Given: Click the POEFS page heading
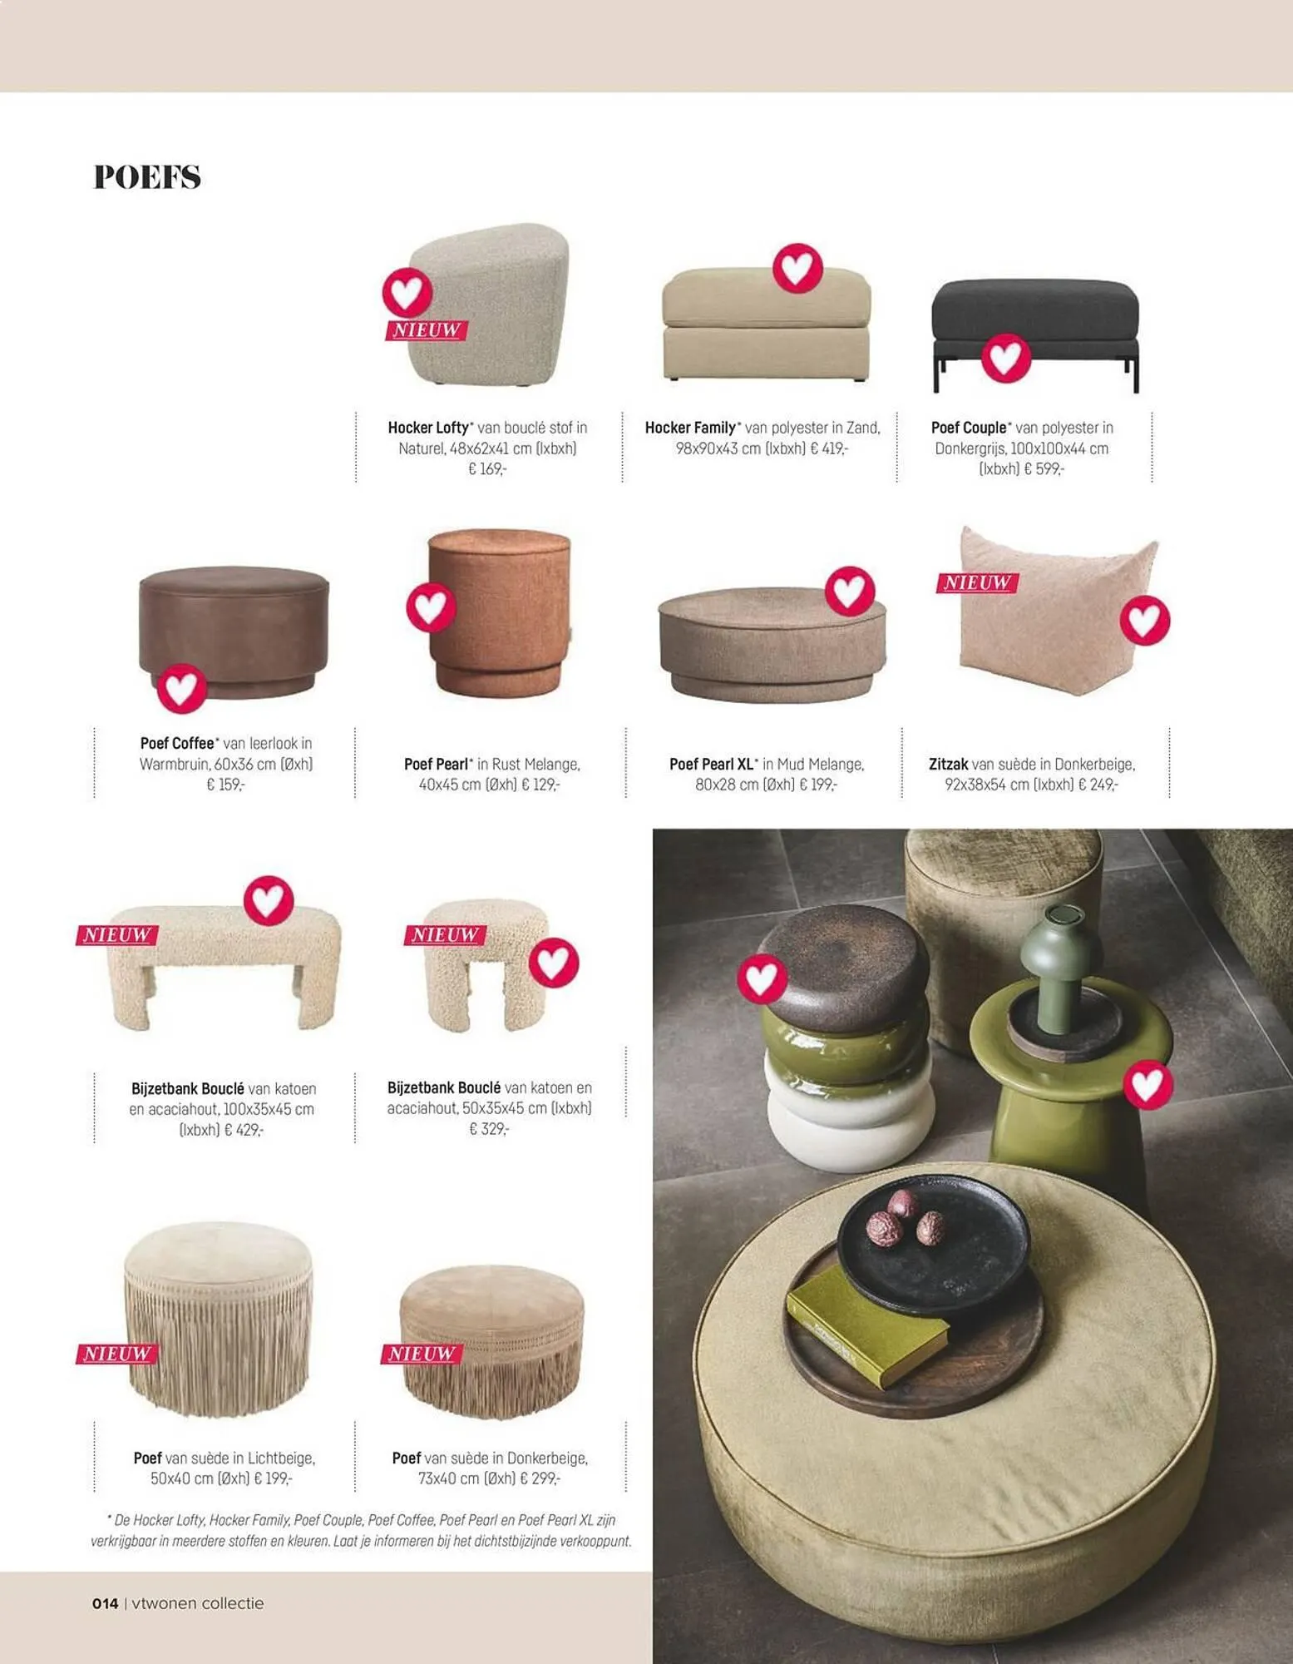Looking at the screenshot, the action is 147,176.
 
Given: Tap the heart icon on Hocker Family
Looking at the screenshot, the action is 797,269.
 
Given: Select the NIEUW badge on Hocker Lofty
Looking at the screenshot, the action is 426,330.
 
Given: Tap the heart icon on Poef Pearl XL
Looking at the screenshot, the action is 850,592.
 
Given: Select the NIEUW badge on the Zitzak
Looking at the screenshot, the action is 977,582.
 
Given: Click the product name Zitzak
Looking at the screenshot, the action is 948,764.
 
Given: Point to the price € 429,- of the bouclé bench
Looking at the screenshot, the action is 244,1130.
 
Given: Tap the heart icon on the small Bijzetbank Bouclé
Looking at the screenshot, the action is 554,963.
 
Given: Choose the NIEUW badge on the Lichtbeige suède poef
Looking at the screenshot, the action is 116,1354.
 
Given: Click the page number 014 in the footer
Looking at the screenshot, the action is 106,1603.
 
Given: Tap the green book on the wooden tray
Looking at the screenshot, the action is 866,1328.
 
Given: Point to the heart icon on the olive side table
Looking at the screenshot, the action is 1148,1085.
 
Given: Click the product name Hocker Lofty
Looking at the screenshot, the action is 428,428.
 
